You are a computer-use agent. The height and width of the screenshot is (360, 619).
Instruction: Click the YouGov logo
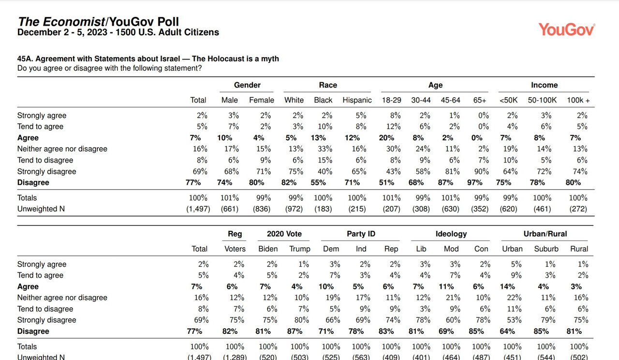pyautogui.click(x=566, y=30)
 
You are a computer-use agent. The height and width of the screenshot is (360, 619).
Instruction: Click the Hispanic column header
pyautogui.click(x=357, y=100)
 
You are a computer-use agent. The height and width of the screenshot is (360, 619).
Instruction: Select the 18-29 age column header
pyautogui.click(x=392, y=100)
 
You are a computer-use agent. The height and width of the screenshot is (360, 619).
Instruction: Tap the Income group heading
pyautogui.click(x=544, y=85)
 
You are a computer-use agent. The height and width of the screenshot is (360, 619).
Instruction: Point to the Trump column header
pyautogui.click(x=300, y=249)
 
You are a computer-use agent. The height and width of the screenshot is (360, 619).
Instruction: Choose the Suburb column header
pyautogui.click(x=546, y=249)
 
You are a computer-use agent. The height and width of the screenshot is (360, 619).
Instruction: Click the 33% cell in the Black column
pyautogui.click(x=325, y=149)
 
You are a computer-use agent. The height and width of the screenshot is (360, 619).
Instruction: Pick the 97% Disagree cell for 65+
pyautogui.click(x=475, y=182)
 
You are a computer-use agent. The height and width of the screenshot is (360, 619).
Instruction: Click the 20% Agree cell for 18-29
pyautogui.click(x=386, y=138)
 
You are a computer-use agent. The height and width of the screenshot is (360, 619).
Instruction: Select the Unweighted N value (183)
pyautogui.click(x=323, y=209)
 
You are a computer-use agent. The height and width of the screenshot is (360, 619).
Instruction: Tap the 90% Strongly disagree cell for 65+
pyautogui.click(x=482, y=171)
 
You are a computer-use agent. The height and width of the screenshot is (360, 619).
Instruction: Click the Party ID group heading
pyautogui.click(x=361, y=234)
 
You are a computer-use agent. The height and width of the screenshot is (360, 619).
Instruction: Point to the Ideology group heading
pyautogui.click(x=451, y=234)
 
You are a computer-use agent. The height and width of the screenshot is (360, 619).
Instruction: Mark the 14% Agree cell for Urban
pyautogui.click(x=507, y=286)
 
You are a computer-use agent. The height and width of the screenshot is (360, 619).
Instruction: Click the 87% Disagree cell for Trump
pyautogui.click(x=295, y=331)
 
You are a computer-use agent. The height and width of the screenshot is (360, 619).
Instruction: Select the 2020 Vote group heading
pyautogui.click(x=284, y=234)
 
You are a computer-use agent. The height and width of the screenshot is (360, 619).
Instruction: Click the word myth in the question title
pyautogui.click(x=270, y=59)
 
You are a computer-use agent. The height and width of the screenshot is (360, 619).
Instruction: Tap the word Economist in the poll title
pyautogui.click(x=74, y=22)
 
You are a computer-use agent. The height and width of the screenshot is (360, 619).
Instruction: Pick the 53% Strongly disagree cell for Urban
pyautogui.click(x=514, y=320)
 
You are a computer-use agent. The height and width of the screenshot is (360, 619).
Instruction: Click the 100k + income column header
pyautogui.click(x=578, y=100)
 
